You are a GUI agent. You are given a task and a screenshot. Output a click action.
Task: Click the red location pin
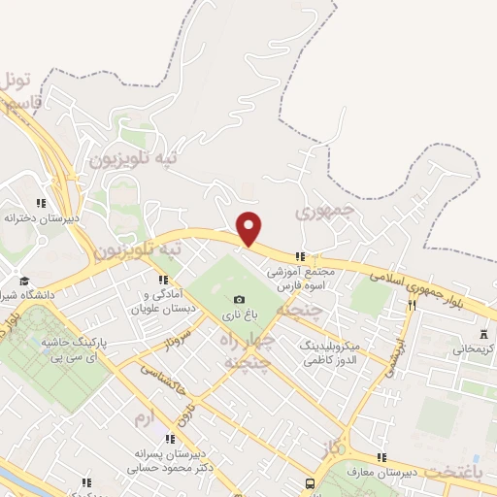click(x=249, y=228)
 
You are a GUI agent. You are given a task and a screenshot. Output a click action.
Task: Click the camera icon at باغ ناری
click(x=240, y=299)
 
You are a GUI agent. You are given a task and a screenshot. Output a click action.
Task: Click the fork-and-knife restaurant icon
click(x=413, y=305)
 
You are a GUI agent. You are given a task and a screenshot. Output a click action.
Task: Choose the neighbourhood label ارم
click(x=144, y=418)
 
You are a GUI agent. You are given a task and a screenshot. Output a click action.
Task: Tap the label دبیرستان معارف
click(x=411, y=472)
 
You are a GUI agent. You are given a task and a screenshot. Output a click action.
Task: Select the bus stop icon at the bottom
click(x=310, y=482)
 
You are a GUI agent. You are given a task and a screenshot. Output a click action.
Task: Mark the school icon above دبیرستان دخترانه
click(x=40, y=202)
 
